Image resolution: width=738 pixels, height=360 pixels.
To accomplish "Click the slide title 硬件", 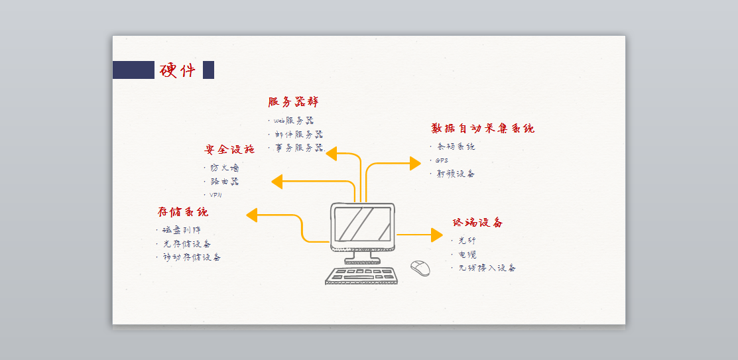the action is point(178,70).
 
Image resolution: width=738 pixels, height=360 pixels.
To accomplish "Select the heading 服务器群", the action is point(293,102).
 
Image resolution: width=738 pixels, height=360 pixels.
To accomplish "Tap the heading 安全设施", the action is point(229,149).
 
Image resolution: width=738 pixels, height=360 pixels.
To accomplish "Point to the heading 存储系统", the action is point(183,212).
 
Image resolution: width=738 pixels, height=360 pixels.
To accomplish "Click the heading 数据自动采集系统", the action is point(483,128).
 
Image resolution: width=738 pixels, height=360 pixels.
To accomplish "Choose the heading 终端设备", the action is point(477,222).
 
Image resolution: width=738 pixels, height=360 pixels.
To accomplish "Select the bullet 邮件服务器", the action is point(298,134).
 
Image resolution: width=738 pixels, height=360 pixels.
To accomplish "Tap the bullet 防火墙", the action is point(225,168).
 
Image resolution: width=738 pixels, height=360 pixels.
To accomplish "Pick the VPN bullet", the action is point(216,195).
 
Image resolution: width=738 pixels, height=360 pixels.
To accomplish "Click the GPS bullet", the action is point(442,160).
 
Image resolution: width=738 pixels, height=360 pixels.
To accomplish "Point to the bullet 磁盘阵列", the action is point(181,230).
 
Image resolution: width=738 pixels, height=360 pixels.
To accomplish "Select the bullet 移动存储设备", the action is point(192,257).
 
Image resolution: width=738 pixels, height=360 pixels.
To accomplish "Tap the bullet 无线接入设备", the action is point(487,268).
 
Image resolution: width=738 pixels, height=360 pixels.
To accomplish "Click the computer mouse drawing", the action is point(420,267).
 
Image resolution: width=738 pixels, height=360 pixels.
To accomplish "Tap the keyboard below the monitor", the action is point(361,276).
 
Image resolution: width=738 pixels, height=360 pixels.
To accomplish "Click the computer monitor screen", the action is point(362,224).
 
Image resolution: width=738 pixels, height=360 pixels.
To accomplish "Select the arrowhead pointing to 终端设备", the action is point(436,235).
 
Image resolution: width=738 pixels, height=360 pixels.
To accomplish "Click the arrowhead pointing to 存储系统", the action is point(252,215).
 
